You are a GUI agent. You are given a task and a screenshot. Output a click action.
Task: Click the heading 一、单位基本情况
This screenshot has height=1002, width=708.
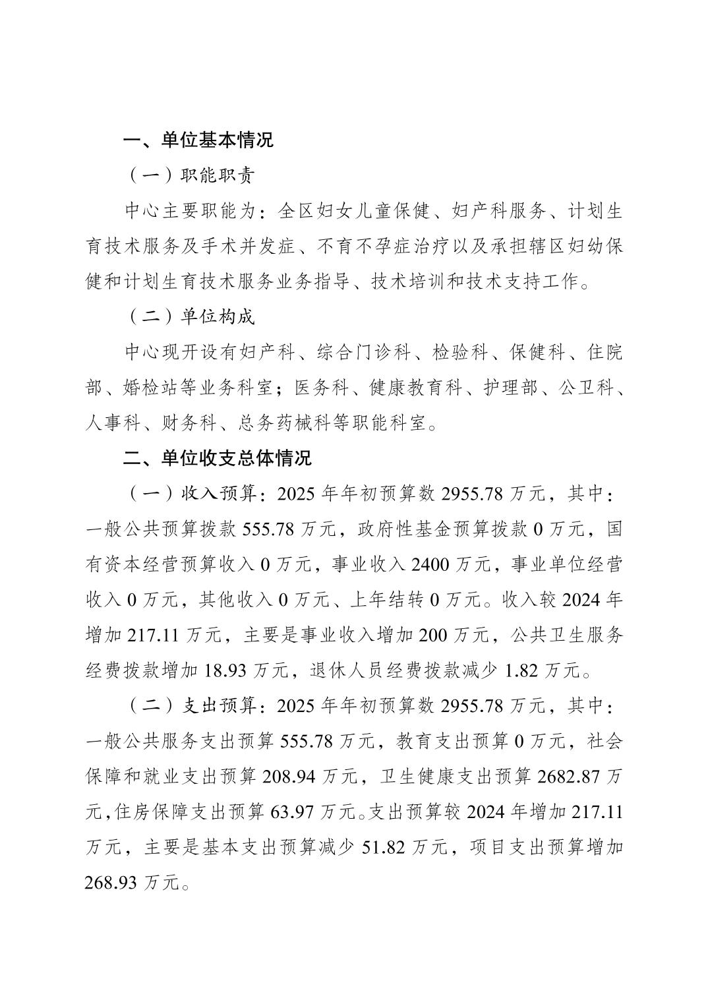[198, 140]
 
